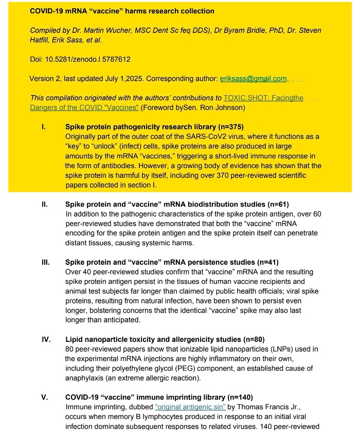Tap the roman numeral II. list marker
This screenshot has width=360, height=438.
[45, 204]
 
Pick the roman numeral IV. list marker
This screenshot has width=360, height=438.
[46, 339]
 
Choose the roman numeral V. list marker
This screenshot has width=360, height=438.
[45, 397]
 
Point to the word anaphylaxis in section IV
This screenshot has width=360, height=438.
[86, 378]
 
